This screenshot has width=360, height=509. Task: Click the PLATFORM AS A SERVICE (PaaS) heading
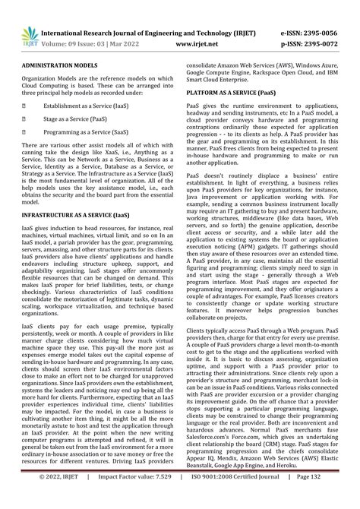[x=231, y=91]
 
